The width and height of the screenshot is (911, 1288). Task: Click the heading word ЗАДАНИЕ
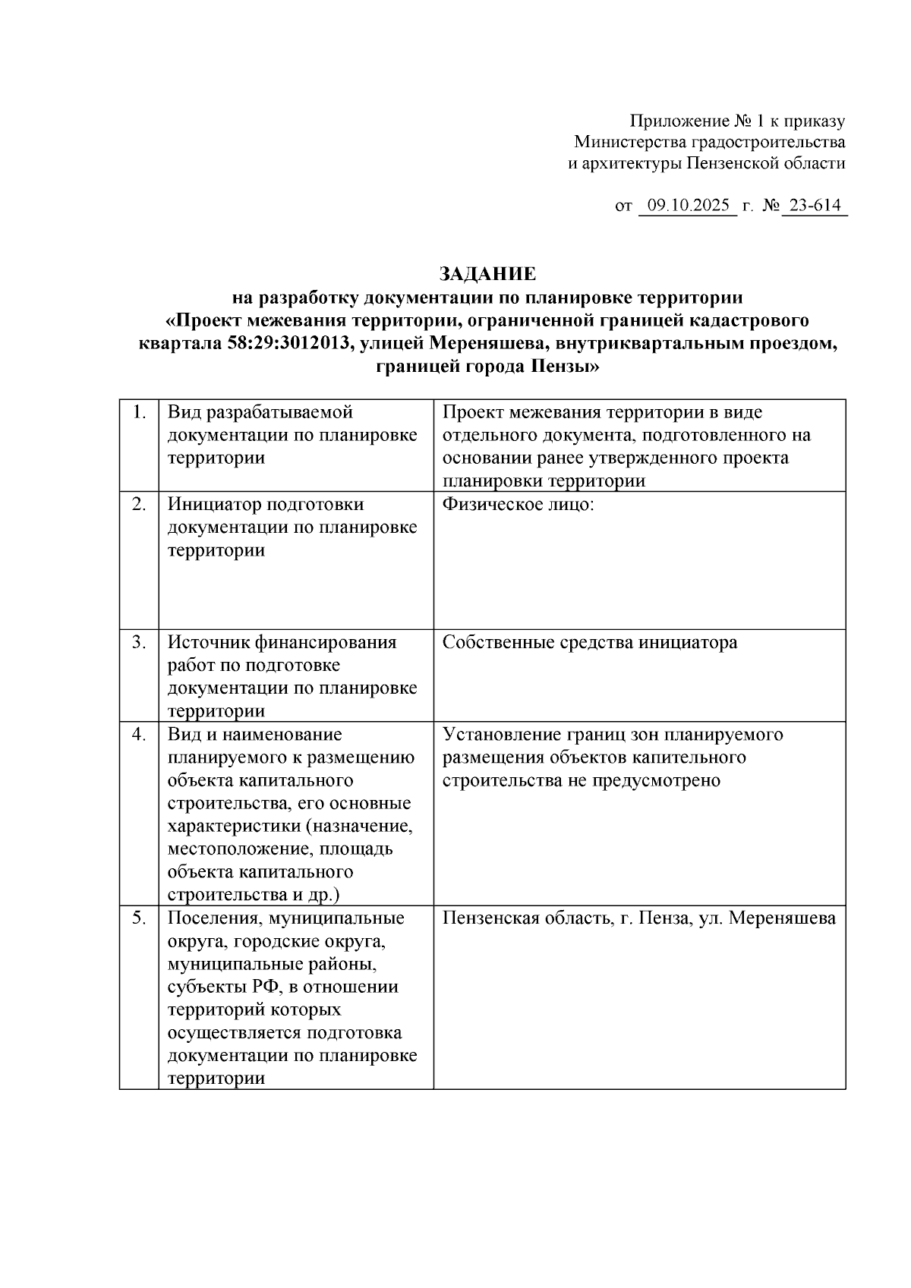[x=487, y=273]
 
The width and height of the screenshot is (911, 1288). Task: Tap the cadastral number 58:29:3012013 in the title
[x=288, y=344]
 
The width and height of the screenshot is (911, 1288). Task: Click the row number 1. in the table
[x=139, y=412]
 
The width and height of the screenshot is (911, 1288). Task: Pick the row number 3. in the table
[x=139, y=642]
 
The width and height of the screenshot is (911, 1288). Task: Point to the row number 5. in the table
[x=139, y=918]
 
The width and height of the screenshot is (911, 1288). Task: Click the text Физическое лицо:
[x=518, y=505]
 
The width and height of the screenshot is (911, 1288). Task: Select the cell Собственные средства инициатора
[x=590, y=643]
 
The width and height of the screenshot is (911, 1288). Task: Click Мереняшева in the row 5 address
[x=783, y=918]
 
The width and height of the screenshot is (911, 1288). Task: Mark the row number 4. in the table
[x=139, y=734]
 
